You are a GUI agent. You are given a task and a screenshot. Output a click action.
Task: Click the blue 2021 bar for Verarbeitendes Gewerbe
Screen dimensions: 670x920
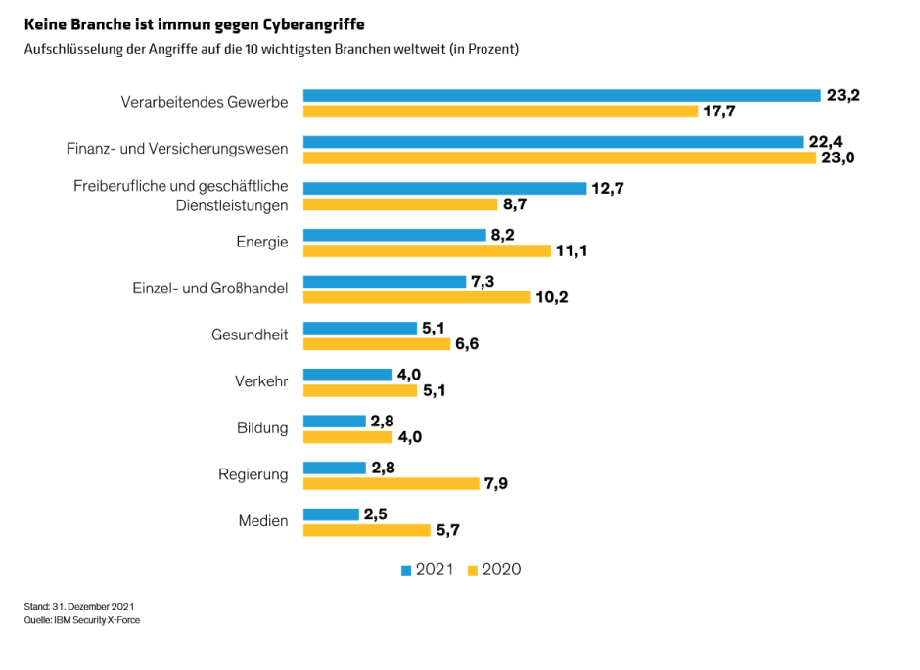tap(561, 95)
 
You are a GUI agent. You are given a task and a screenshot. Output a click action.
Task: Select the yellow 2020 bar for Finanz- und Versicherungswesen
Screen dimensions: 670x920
tap(559, 158)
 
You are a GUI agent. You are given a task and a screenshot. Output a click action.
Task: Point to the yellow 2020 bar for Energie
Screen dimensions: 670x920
tap(427, 251)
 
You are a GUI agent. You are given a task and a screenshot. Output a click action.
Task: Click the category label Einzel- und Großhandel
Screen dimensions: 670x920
tap(209, 289)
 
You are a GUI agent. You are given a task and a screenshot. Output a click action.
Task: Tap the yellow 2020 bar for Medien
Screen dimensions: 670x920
tap(366, 530)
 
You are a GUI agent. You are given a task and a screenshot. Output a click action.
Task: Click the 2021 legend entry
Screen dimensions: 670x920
tap(428, 570)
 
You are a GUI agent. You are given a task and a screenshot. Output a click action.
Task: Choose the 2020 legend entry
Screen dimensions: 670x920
tap(495, 570)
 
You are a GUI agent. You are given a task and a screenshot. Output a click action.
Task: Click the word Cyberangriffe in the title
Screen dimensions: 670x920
tap(318, 22)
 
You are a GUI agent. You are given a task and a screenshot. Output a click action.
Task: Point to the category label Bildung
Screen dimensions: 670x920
tap(262, 427)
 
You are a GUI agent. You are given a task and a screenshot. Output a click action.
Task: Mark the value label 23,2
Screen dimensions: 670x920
tap(843, 95)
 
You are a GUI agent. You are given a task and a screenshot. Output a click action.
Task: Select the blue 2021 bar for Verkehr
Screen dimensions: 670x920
tap(347, 374)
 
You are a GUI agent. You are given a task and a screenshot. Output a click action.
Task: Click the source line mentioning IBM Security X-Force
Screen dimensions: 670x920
tap(82, 620)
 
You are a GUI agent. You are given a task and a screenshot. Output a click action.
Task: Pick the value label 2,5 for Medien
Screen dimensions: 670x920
tap(376, 514)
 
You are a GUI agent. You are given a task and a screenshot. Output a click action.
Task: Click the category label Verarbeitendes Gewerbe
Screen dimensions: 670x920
tap(205, 102)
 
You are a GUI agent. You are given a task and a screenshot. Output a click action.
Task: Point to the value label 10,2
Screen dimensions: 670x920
tap(552, 297)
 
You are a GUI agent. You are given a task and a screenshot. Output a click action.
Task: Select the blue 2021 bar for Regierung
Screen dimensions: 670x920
tap(334, 467)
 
